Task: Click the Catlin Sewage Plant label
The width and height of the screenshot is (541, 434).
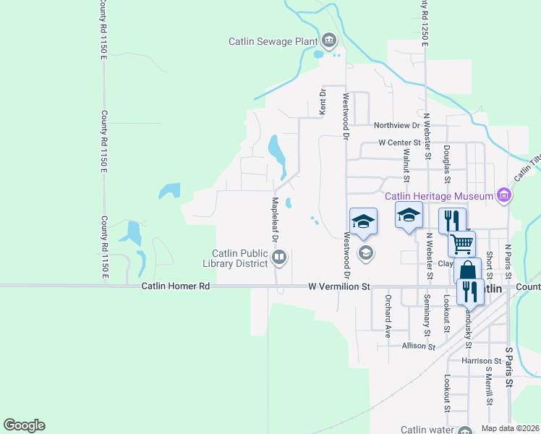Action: click(274, 41)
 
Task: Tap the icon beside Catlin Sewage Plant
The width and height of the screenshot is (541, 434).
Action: click(329, 40)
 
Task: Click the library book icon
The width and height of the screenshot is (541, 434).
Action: click(278, 256)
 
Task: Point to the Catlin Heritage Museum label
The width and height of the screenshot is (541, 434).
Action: click(438, 195)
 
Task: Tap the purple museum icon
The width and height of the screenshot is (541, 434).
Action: click(504, 195)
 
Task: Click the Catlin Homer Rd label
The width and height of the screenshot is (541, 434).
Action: click(176, 286)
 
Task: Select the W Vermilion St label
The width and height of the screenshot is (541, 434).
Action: click(338, 286)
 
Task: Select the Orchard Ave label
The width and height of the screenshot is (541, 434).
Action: click(388, 307)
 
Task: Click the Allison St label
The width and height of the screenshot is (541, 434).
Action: click(419, 346)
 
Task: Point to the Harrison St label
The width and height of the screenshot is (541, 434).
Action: click(481, 360)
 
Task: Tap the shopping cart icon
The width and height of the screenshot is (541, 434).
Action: click(461, 243)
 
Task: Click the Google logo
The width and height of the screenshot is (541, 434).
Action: click(24, 425)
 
